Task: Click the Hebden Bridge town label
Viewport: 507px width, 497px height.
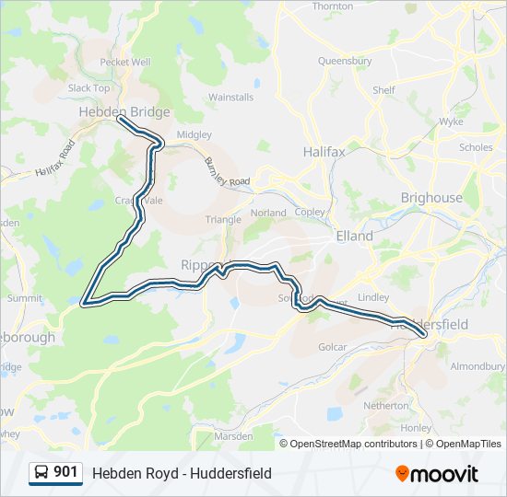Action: tap(124, 111)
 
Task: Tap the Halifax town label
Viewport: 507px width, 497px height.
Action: tap(324, 150)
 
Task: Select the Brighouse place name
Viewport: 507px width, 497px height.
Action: tap(431, 198)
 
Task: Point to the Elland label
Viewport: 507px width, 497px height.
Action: tap(354, 236)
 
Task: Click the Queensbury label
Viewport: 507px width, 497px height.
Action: tap(345, 61)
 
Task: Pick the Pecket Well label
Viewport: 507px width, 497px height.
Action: tap(124, 62)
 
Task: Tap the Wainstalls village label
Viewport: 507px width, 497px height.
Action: tap(230, 97)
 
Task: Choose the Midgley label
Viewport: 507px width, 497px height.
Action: tap(194, 134)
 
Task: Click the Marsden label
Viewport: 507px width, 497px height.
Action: tap(233, 434)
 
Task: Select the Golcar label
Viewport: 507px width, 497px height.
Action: tap(332, 347)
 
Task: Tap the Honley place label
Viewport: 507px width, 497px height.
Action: tap(417, 428)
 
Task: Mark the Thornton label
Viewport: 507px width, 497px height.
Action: tap(333, 6)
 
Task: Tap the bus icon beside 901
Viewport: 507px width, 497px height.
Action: tap(41, 473)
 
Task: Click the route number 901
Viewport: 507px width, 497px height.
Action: tap(65, 472)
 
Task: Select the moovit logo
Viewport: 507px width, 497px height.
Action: tap(437, 474)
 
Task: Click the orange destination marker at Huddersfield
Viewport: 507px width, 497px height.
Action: tap(423, 333)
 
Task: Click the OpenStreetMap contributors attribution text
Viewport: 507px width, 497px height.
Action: tap(354, 444)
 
